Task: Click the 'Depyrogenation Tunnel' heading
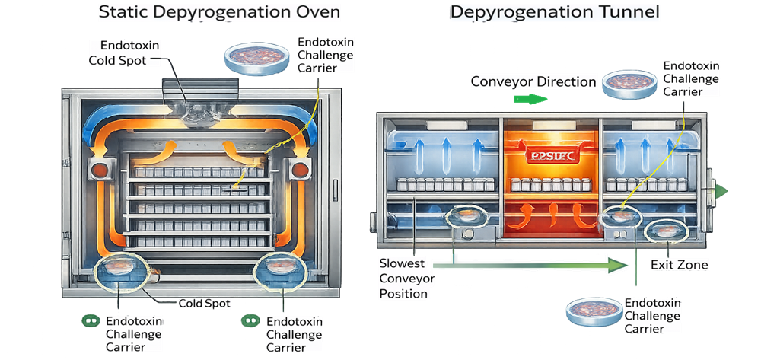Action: tap(555, 12)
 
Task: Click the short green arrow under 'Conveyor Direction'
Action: tap(530, 99)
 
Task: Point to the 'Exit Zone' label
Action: tap(680, 265)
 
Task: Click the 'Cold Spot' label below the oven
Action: tap(200, 302)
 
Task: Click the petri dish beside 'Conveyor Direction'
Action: tap(629, 84)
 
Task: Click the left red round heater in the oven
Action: tap(99, 168)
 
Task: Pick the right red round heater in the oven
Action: tap(300, 168)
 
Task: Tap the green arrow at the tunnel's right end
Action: tap(719, 191)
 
